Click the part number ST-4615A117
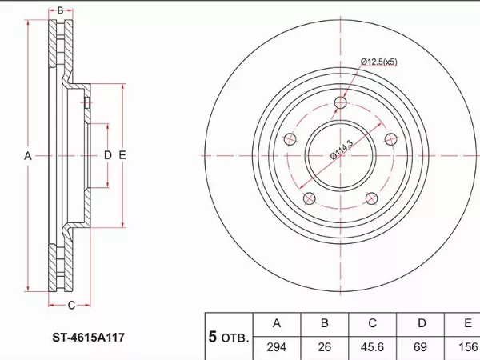click(89, 338)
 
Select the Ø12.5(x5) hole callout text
click(379, 62)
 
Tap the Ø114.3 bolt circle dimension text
click(342, 150)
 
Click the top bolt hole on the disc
click(341, 102)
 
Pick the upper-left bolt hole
click(290, 139)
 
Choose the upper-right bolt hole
click(390, 139)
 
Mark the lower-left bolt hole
click(310, 198)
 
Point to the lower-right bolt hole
click(372, 198)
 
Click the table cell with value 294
click(277, 347)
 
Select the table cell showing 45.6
click(372, 347)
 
